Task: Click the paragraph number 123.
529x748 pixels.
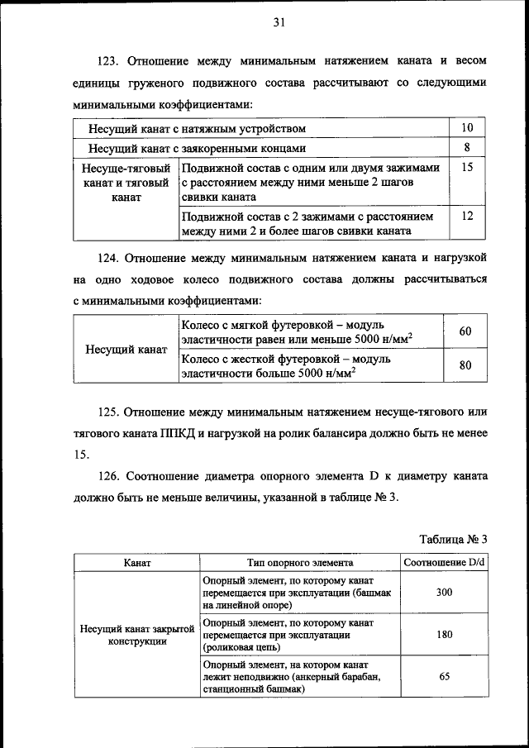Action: coord(110,61)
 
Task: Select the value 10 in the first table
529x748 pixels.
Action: coord(467,128)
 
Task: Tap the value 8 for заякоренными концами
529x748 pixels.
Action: coord(467,148)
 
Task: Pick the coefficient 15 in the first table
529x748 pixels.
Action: coord(467,167)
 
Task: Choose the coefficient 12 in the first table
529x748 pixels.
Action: coord(467,216)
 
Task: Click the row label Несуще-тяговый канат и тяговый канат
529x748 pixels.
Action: coord(126,183)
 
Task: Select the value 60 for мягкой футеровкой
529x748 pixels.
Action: coord(465,331)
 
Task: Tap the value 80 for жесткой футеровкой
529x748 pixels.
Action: coord(465,364)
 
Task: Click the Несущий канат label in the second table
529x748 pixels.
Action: coord(126,349)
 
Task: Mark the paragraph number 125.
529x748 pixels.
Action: coord(110,411)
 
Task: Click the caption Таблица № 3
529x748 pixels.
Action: coord(453,539)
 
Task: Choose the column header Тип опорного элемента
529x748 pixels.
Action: coord(299,562)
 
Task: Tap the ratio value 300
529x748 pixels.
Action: coord(444,593)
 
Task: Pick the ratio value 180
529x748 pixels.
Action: coord(444,636)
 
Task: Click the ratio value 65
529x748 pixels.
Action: coord(444,676)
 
